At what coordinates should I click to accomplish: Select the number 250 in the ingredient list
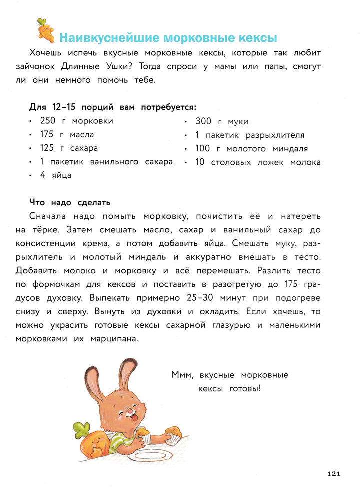(50, 121)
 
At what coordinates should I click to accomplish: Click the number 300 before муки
(204, 121)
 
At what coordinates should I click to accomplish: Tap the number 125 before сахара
(50, 148)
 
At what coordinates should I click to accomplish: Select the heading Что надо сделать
(70, 202)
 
